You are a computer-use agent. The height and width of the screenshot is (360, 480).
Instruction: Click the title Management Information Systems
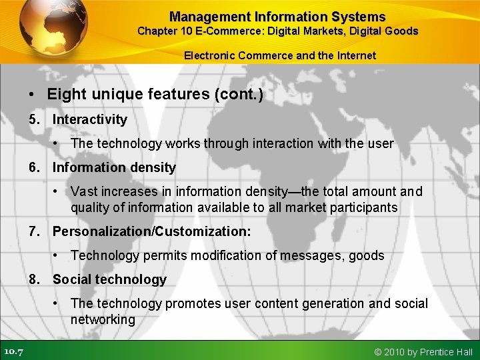[277, 17]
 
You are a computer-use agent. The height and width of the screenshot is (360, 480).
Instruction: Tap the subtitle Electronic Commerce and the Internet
[280, 56]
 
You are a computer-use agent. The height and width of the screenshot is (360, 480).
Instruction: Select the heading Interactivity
[90, 119]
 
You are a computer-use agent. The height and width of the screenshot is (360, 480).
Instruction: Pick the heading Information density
[114, 167]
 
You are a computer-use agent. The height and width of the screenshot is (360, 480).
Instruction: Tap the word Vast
[84, 191]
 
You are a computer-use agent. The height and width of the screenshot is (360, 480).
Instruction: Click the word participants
[364, 207]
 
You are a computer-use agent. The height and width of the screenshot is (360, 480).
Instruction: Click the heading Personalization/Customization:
[152, 231]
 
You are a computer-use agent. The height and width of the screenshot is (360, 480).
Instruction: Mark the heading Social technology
[109, 279]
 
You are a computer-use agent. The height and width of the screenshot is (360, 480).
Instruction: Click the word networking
[103, 319]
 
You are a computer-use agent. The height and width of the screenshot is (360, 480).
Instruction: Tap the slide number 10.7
[13, 351]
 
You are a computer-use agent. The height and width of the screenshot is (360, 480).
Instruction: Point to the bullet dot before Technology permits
[58, 255]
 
